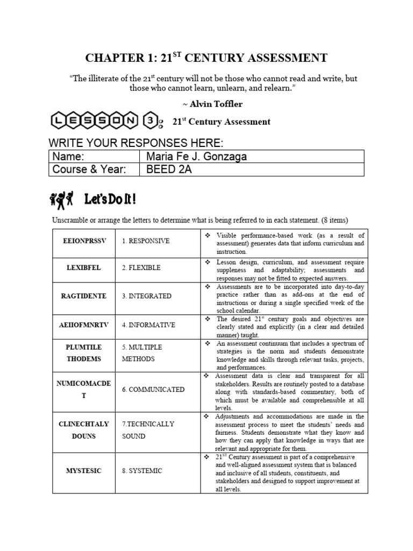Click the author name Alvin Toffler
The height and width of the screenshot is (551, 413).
coord(206,104)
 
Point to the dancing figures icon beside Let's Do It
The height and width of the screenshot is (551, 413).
coord(61,200)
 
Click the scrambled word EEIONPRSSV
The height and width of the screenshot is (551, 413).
coord(83,241)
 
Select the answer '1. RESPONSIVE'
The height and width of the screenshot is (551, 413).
coord(145,241)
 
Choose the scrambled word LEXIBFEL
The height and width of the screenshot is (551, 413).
coord(83,267)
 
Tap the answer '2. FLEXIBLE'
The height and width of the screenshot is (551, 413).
coord(141,267)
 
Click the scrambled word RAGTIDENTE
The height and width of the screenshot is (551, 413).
coord(83,295)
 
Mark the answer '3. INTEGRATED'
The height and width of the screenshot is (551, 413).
coord(146,296)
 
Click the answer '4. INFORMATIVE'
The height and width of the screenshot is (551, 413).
coord(148,325)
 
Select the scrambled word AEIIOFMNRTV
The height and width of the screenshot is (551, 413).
coord(83,324)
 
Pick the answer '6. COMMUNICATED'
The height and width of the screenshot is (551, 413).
coord(153,389)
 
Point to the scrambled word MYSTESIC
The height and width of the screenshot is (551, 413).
coord(83,470)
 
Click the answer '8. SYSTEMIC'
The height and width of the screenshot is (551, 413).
coord(141,471)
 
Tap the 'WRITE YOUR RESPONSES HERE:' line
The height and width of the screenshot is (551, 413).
coord(136,143)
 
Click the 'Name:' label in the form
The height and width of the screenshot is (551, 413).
coord(68,156)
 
